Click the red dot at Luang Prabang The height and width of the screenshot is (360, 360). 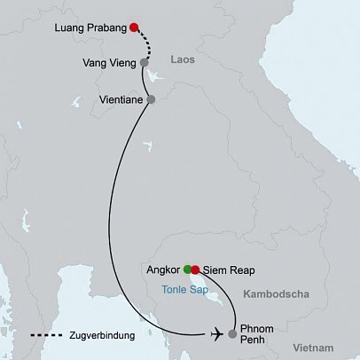(134, 27)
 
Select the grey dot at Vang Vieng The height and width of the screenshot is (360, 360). (144, 64)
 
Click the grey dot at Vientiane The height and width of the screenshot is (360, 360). (150, 99)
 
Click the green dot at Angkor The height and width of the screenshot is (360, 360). (187, 268)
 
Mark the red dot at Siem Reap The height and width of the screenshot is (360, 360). (196, 268)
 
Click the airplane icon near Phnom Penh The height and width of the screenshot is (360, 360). (216, 333)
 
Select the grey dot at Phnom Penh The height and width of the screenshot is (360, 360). (232, 334)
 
